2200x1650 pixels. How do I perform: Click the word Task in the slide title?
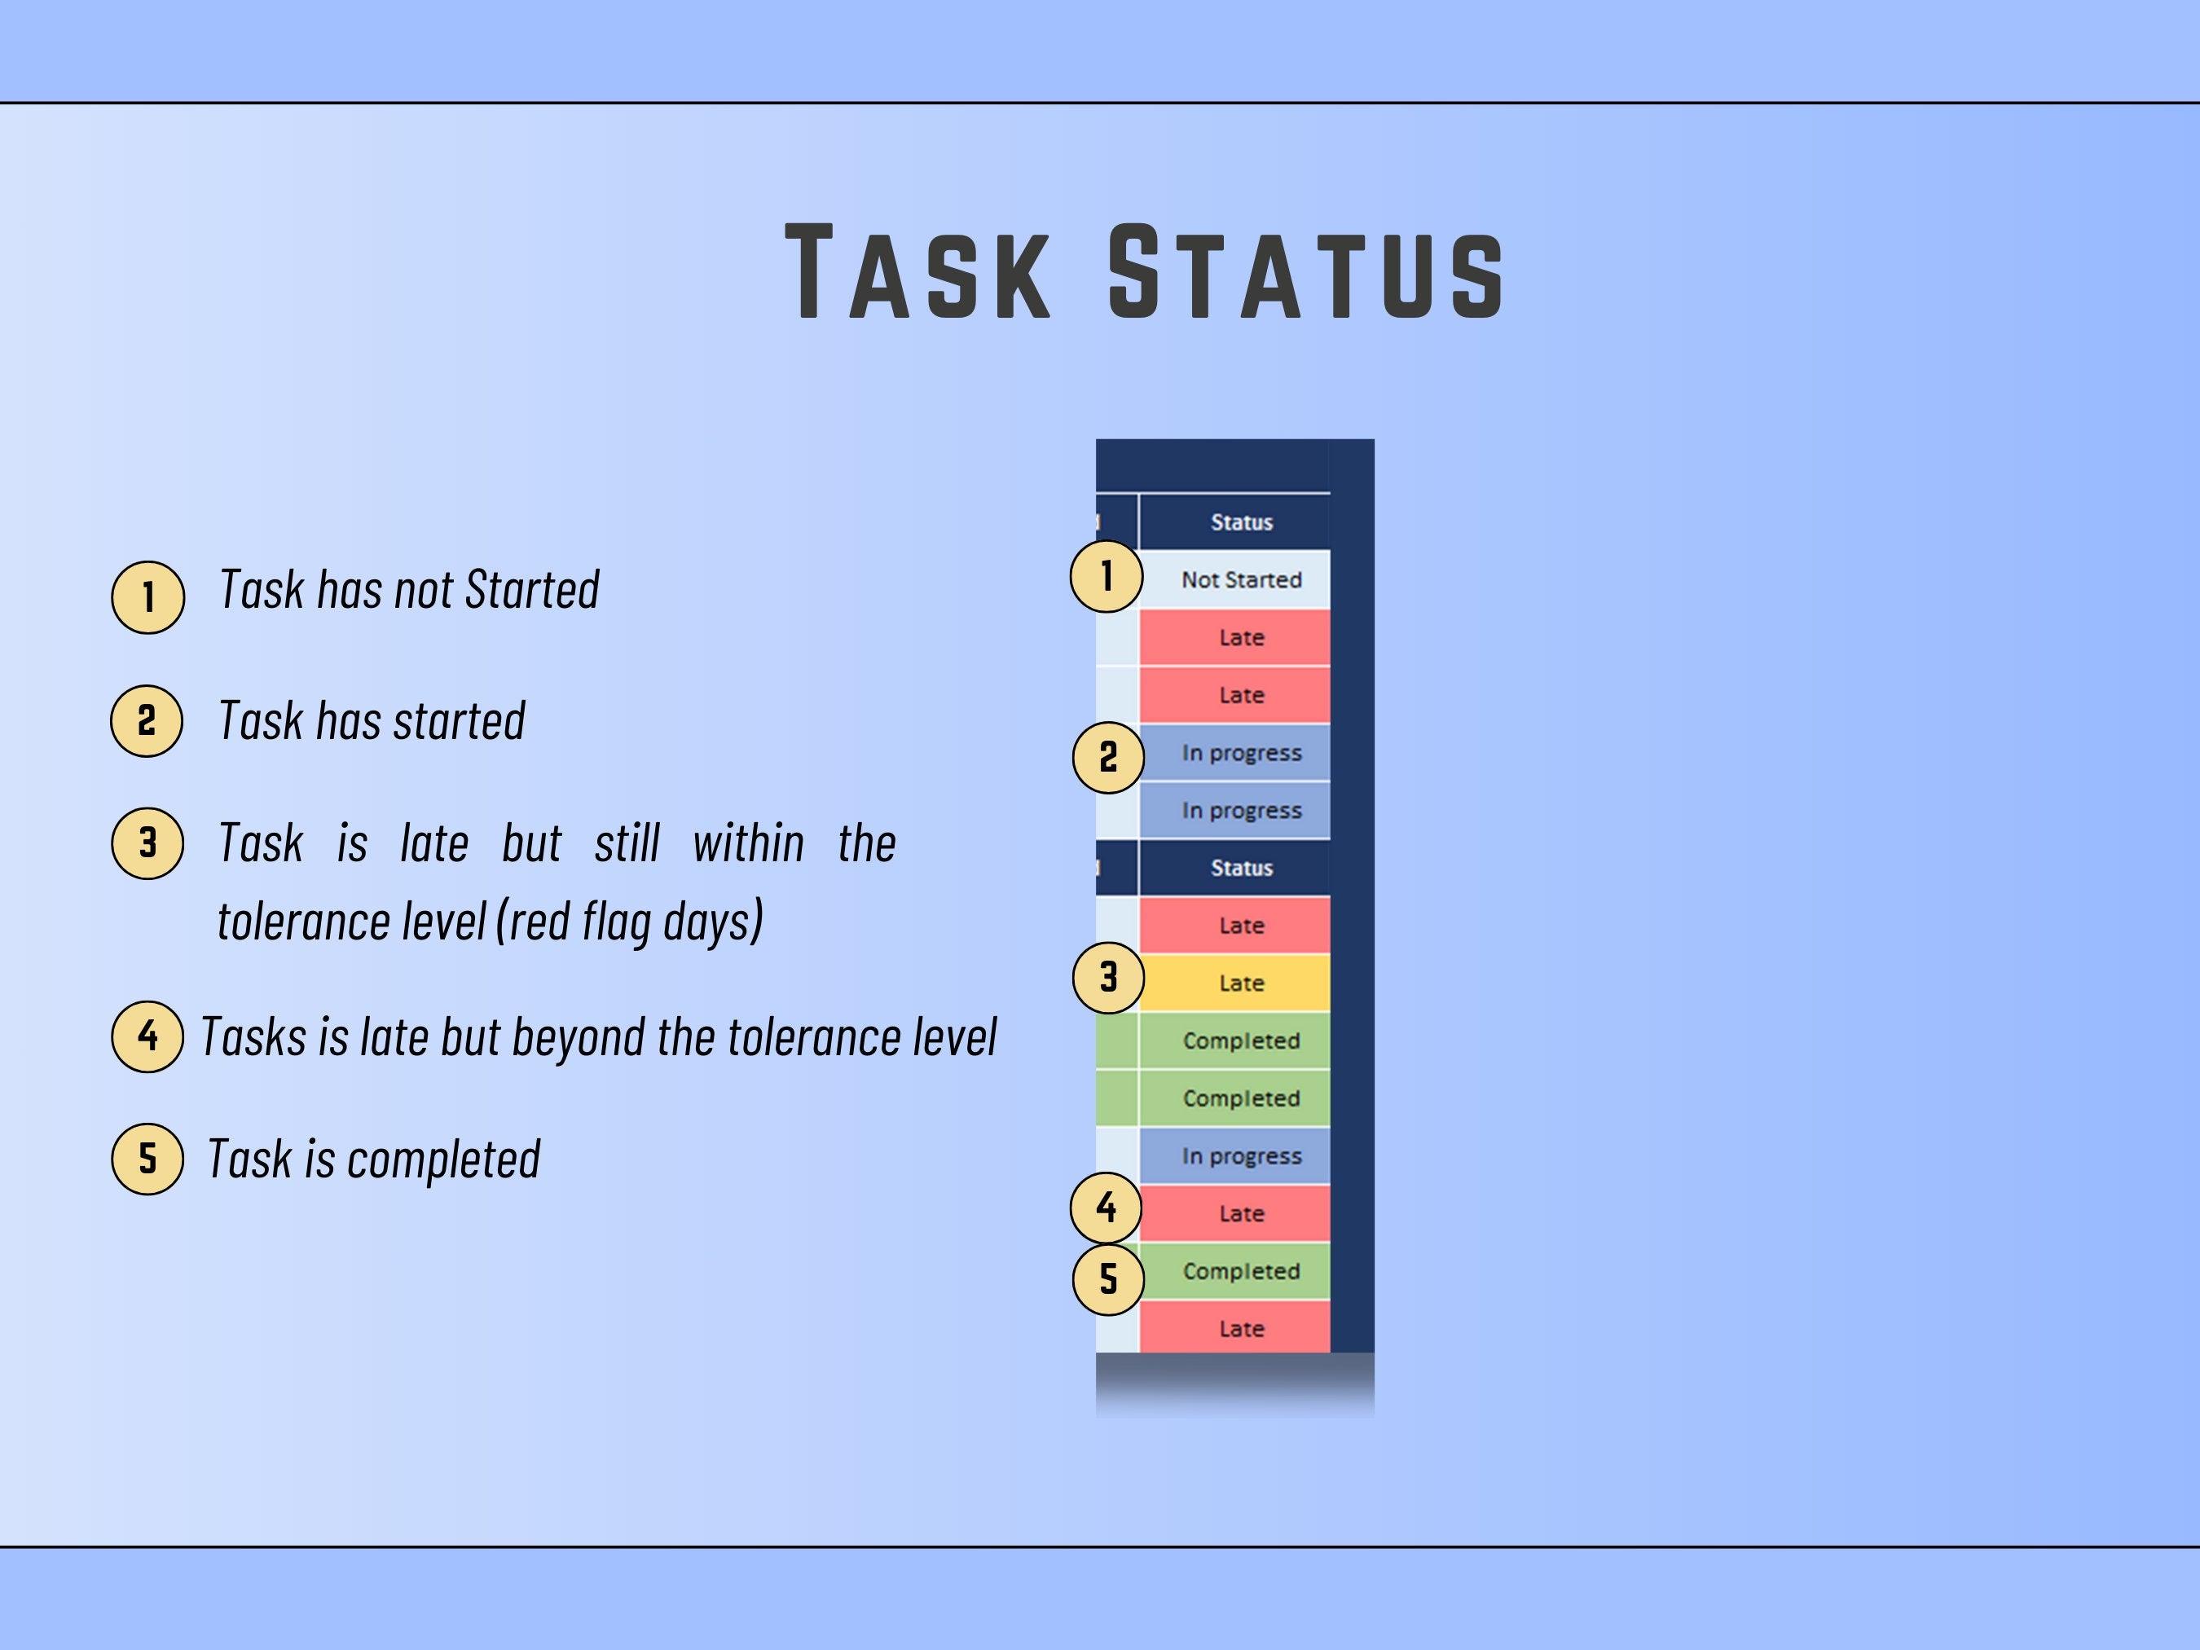(x=917, y=271)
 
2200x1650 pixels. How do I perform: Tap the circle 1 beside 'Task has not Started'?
(x=148, y=596)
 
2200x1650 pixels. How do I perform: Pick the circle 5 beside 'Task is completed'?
(x=148, y=1159)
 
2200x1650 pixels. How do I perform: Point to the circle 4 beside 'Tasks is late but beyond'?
(x=147, y=1036)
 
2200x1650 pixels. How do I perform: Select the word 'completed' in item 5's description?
(x=442, y=1159)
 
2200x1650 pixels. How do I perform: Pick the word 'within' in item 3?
(x=748, y=843)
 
